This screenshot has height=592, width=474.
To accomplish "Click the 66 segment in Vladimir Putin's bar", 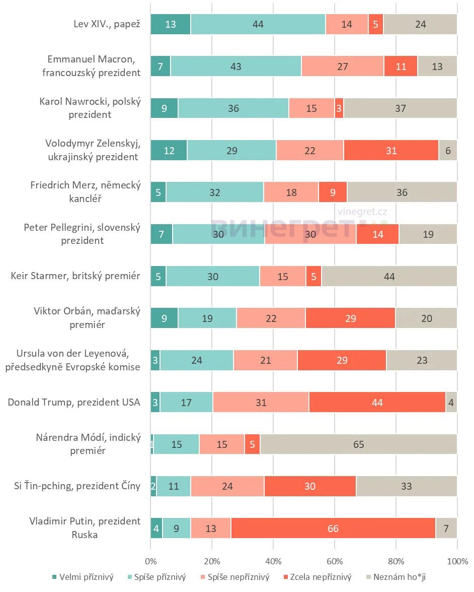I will pos(333,528).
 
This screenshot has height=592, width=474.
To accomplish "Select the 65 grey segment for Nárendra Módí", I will pos(358,444).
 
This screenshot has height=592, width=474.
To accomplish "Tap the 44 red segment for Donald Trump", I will pos(377,402).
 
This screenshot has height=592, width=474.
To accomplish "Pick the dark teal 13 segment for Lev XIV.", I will pos(171,24).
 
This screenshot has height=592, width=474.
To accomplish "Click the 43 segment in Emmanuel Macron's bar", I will pos(236,66).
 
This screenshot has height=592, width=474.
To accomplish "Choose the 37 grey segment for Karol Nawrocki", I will pos(400,108).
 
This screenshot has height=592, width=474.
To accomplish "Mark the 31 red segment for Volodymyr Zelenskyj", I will pos(391,150).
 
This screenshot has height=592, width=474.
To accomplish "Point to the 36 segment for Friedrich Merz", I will pos(402,192).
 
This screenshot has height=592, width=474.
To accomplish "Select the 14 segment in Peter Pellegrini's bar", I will pos(377,234).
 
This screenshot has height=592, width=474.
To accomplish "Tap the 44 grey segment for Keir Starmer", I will pos(389,276).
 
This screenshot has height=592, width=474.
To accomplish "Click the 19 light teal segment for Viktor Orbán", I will pos(207,318).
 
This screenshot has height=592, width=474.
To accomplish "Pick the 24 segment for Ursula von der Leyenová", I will pos(197,360).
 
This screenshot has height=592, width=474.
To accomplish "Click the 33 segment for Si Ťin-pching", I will pos(406,486).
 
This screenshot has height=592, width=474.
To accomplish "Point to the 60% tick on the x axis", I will pos(334,561).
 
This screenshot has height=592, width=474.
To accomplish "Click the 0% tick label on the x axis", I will pos(150,561).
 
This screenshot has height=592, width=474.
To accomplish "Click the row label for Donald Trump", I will pos(73,402).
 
